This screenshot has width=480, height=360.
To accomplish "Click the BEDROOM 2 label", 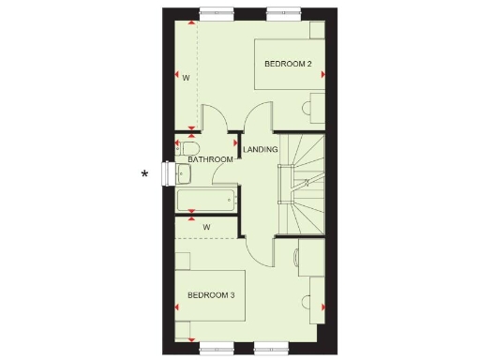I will (x=288, y=64).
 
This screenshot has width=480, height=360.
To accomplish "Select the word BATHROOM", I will (x=211, y=160).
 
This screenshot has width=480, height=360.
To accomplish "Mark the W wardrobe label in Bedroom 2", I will (x=187, y=77).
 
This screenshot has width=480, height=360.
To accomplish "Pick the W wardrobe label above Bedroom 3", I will (x=205, y=227).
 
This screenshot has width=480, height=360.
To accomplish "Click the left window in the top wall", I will (x=214, y=12).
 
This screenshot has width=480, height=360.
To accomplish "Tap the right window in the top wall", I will (x=280, y=12).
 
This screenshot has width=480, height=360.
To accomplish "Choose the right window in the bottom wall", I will (x=280, y=348).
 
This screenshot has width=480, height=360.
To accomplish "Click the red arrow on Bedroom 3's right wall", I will (x=322, y=307).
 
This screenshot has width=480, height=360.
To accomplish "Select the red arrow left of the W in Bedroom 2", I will (x=177, y=76).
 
